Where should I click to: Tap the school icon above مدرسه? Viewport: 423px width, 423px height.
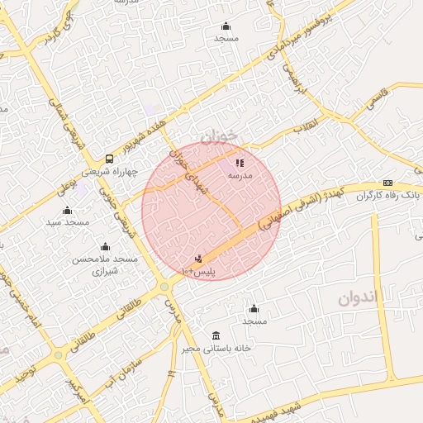pyautogui.click(x=240, y=163)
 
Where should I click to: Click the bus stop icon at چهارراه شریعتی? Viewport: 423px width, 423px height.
pyautogui.click(x=109, y=159)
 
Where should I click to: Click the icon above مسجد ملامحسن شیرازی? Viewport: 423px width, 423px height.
pyautogui.click(x=105, y=246)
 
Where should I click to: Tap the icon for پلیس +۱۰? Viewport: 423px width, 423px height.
pyautogui.click(x=198, y=259)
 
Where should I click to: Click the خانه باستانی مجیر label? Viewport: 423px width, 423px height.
pyautogui.click(x=216, y=348)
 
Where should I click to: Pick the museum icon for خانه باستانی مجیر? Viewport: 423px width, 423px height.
pyautogui.click(x=216, y=335)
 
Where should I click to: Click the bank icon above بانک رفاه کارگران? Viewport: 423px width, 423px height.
pyautogui.click(x=387, y=183)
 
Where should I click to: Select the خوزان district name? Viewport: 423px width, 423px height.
pyautogui.click(x=218, y=135)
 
